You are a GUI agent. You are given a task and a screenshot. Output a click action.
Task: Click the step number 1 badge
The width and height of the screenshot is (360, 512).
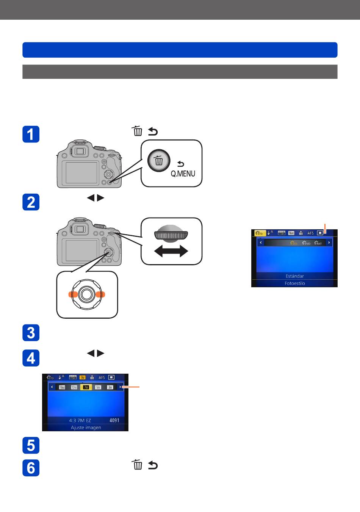[x=31, y=134]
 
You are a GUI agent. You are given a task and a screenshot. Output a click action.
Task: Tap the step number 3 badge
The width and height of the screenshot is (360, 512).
[x=31, y=333]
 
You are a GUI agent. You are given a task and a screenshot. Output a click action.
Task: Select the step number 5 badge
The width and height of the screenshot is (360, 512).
[x=31, y=445]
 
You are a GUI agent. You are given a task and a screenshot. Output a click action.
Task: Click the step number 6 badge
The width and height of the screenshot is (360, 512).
[x=31, y=468]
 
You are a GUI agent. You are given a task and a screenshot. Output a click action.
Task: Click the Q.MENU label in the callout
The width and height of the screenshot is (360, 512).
[x=183, y=174]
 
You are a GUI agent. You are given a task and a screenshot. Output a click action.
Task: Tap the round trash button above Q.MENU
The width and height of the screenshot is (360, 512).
[x=159, y=161]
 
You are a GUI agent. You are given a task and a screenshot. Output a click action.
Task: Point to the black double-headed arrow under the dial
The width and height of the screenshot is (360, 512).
[x=171, y=251]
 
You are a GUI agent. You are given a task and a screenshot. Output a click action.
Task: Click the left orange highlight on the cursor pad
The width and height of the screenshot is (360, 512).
[x=73, y=294]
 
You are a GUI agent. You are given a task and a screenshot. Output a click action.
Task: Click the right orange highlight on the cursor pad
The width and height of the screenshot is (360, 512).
[x=100, y=294]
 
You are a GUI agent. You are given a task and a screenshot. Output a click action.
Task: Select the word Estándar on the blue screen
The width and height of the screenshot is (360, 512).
[x=294, y=276]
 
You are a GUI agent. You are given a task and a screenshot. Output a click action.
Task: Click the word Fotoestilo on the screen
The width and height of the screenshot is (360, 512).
[x=294, y=283]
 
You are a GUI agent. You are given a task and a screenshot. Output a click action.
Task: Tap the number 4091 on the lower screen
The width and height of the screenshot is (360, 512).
[x=114, y=420]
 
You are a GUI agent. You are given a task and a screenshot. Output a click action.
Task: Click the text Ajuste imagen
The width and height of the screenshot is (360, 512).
[x=86, y=427]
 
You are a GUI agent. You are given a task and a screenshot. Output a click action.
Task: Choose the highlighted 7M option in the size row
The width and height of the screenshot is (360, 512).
[x=86, y=387]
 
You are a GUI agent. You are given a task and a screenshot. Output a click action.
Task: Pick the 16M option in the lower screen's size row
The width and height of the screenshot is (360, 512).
[x=62, y=387]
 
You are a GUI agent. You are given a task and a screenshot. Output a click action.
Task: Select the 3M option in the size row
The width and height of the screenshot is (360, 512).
[x=110, y=387]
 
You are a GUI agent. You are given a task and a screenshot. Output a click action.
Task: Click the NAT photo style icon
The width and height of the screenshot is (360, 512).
[x=318, y=243]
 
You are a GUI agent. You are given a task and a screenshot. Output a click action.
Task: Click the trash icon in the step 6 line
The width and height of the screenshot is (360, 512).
[x=138, y=465]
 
